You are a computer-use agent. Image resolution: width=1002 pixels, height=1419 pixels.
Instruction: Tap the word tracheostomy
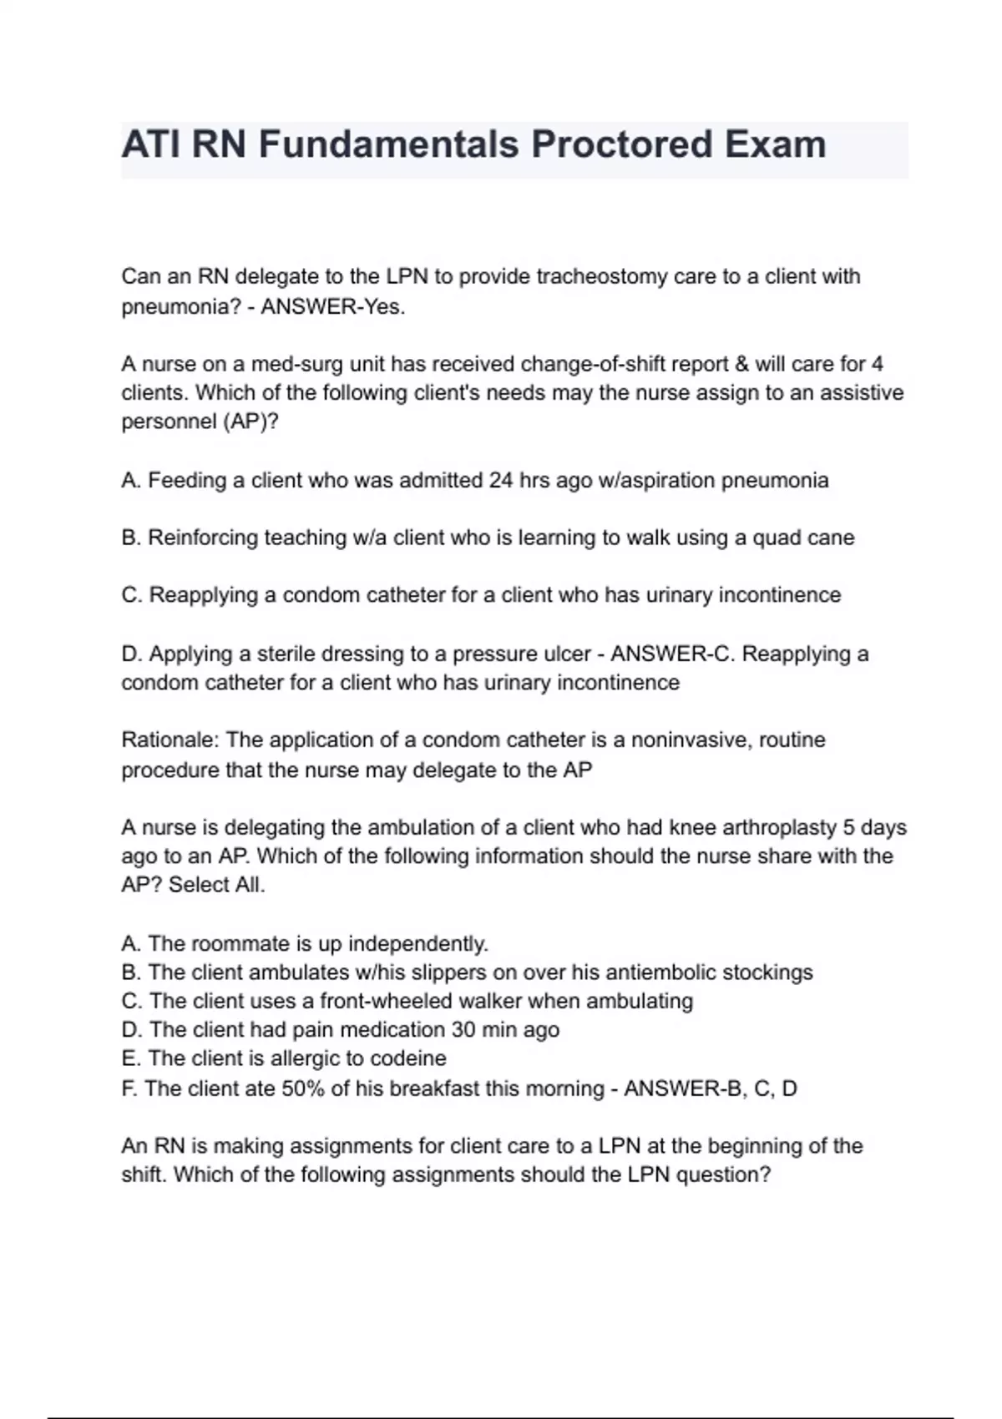(601, 276)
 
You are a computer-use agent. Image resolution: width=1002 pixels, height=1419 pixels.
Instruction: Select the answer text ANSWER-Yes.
(333, 306)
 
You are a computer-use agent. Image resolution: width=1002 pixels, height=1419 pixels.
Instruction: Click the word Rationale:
(170, 740)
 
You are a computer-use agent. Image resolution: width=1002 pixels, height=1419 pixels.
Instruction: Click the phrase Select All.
(217, 885)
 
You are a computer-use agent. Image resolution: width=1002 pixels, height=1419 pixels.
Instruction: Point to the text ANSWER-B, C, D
(711, 1088)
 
